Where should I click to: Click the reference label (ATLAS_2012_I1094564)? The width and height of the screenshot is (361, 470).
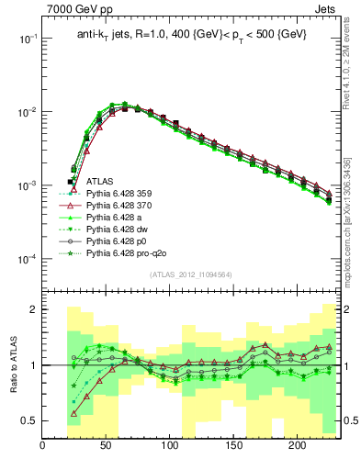[191, 274]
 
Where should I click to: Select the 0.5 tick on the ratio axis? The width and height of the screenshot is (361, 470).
[28, 420]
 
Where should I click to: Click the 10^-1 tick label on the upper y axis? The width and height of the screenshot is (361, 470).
[25, 39]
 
